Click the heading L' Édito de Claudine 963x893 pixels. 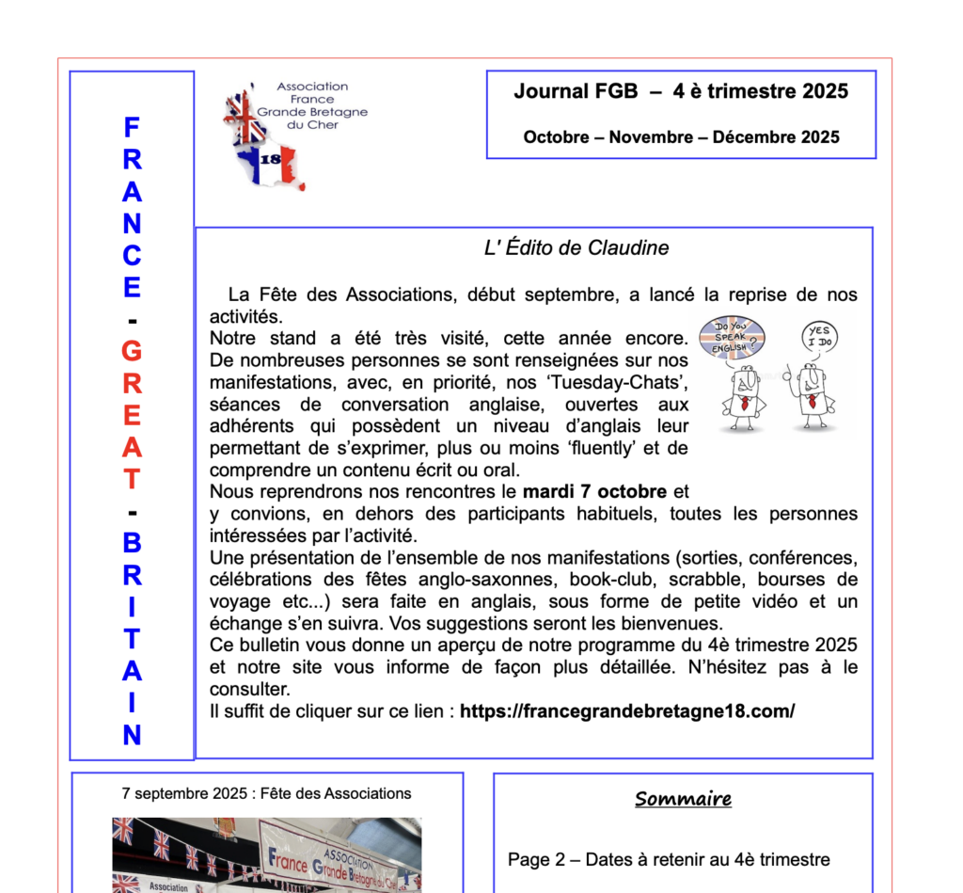(576, 248)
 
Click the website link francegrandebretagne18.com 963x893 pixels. (626, 711)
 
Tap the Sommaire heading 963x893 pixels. (683, 800)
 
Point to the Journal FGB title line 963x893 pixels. (681, 91)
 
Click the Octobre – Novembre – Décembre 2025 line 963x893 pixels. (681, 137)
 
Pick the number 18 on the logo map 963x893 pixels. (270, 160)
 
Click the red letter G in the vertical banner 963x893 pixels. (132, 352)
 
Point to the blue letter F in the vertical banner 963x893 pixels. (132, 127)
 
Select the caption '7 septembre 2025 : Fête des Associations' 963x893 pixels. (266, 793)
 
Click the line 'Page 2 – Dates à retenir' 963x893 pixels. (669, 859)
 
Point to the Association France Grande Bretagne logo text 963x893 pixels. (312, 105)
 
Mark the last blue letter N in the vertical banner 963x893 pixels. (132, 736)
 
